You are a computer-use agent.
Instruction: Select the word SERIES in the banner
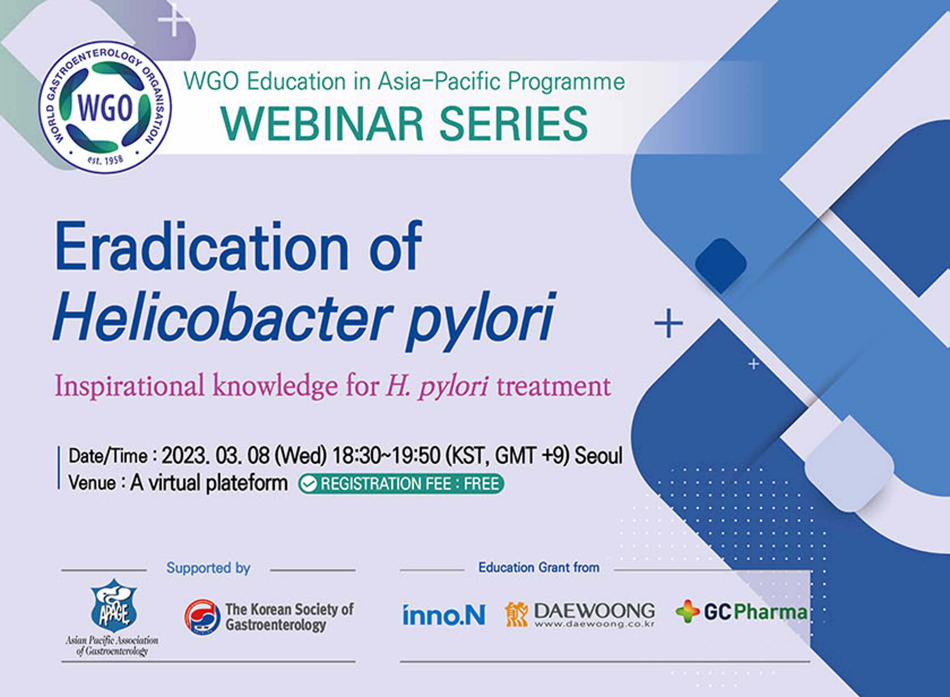[513, 124]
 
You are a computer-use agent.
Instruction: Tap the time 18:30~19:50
[387, 456]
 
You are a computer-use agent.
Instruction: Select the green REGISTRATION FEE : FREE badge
[401, 484]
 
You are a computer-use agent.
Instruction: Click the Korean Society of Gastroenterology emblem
[203, 617]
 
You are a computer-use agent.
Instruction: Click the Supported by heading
[208, 568]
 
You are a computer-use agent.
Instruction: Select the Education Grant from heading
[539, 568]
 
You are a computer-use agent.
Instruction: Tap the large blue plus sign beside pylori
[668, 323]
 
